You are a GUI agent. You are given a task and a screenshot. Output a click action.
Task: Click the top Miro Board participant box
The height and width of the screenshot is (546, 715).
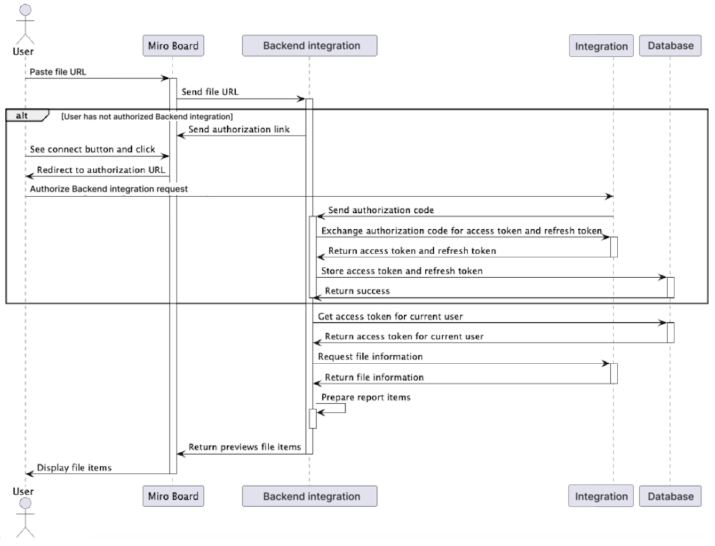[x=173, y=46]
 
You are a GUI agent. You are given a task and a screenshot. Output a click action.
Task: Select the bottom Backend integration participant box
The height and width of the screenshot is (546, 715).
[x=309, y=496]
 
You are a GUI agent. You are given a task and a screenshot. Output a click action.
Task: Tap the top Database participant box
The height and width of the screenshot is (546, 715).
[x=670, y=46]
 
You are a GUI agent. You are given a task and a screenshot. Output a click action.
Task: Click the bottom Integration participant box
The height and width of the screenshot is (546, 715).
[x=601, y=496]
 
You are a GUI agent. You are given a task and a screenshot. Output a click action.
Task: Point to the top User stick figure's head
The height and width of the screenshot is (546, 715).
[x=25, y=10]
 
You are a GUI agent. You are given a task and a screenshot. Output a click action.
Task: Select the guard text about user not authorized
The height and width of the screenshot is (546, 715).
[x=147, y=117]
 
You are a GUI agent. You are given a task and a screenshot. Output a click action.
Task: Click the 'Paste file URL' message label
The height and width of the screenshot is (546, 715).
[x=58, y=72]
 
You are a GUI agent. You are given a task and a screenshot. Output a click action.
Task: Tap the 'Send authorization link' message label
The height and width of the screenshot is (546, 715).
[x=239, y=129]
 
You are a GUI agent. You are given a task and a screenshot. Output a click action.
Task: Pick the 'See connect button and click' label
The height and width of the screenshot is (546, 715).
[x=92, y=149]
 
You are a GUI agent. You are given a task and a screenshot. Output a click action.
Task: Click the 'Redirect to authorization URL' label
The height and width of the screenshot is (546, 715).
[x=101, y=170]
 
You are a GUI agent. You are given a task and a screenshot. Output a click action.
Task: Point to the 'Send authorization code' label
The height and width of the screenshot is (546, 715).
[x=381, y=210]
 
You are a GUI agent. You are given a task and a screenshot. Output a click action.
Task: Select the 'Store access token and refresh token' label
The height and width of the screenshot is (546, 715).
[x=402, y=271]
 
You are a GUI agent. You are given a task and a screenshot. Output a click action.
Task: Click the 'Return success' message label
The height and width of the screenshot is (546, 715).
[x=357, y=291]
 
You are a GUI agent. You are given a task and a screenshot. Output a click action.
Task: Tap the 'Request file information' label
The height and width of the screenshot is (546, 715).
[x=370, y=356]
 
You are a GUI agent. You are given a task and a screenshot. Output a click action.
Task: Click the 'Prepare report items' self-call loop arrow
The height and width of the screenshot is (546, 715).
[x=345, y=408]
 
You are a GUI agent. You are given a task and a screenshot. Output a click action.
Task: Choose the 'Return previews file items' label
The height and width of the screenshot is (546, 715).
[x=245, y=447]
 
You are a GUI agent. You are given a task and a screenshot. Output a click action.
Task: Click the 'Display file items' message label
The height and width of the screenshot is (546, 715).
[x=74, y=468]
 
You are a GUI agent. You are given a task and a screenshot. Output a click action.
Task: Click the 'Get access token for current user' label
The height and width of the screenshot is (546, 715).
[x=390, y=316]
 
